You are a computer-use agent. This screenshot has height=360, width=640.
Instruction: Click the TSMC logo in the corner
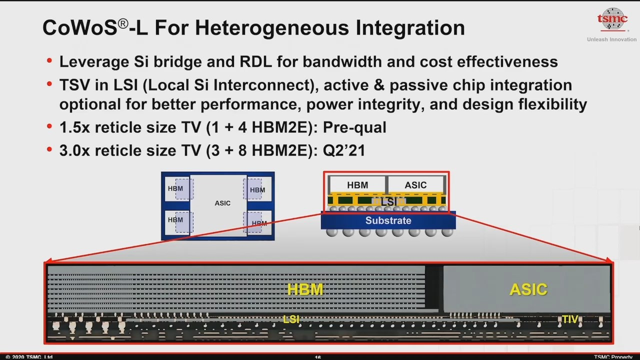(x=611, y=20)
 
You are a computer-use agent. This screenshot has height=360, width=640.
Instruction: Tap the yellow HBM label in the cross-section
(x=305, y=290)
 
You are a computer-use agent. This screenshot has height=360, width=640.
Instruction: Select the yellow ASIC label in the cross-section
(x=528, y=290)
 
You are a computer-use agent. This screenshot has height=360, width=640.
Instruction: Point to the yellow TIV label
(x=570, y=320)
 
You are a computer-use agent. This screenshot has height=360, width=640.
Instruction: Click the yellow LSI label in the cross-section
(x=291, y=319)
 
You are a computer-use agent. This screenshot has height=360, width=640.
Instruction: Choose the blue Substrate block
(x=388, y=220)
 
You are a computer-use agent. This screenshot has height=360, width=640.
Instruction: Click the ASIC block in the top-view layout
(x=222, y=203)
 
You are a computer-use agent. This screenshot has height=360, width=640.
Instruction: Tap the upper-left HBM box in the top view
(x=176, y=189)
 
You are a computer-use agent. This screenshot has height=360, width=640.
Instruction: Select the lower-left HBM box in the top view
(x=176, y=220)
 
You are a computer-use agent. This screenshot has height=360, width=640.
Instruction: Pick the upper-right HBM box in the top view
(x=258, y=190)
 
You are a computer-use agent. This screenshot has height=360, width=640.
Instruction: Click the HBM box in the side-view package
(x=357, y=185)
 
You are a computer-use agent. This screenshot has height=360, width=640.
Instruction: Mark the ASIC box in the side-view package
(x=415, y=185)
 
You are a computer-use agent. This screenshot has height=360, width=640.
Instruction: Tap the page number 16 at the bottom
(x=318, y=357)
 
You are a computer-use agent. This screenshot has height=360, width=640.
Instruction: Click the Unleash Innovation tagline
(x=611, y=39)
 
